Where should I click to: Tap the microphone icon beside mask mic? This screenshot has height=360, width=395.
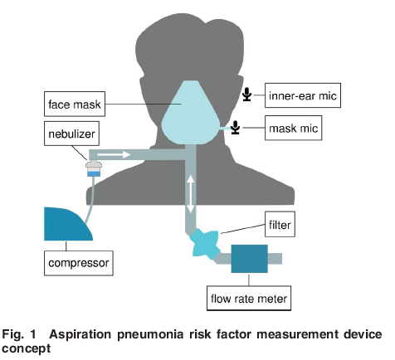(x=235, y=128)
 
